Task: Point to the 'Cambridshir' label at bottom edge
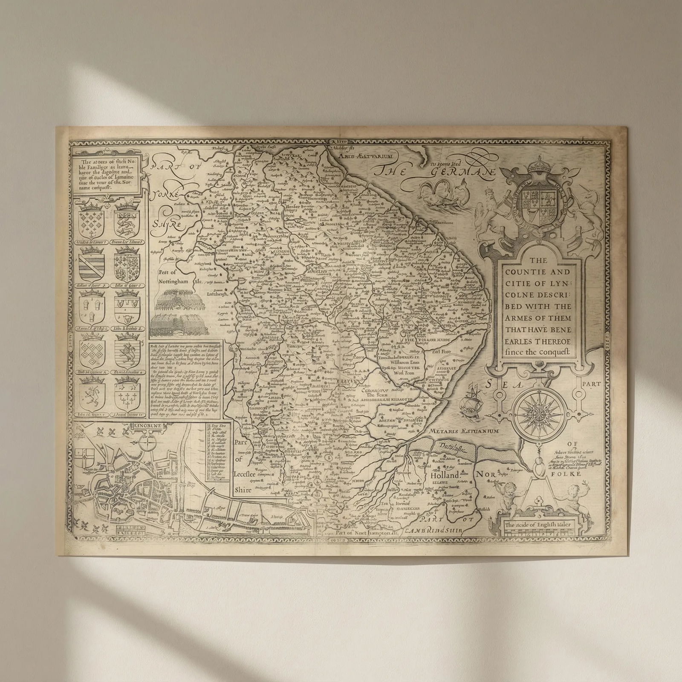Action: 434,531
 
